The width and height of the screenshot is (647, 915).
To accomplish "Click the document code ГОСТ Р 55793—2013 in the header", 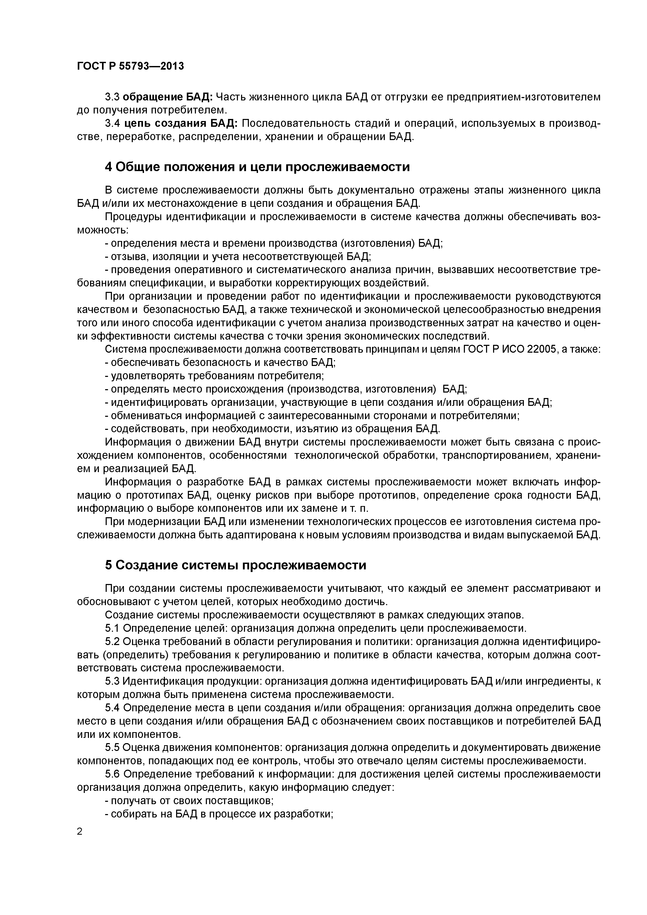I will tap(130, 66).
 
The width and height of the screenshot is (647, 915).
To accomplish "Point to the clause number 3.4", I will tap(113, 124).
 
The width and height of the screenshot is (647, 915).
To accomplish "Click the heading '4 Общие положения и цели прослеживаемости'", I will tap(257, 167).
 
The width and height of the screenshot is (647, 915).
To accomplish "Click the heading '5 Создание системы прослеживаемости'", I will tap(235, 565).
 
